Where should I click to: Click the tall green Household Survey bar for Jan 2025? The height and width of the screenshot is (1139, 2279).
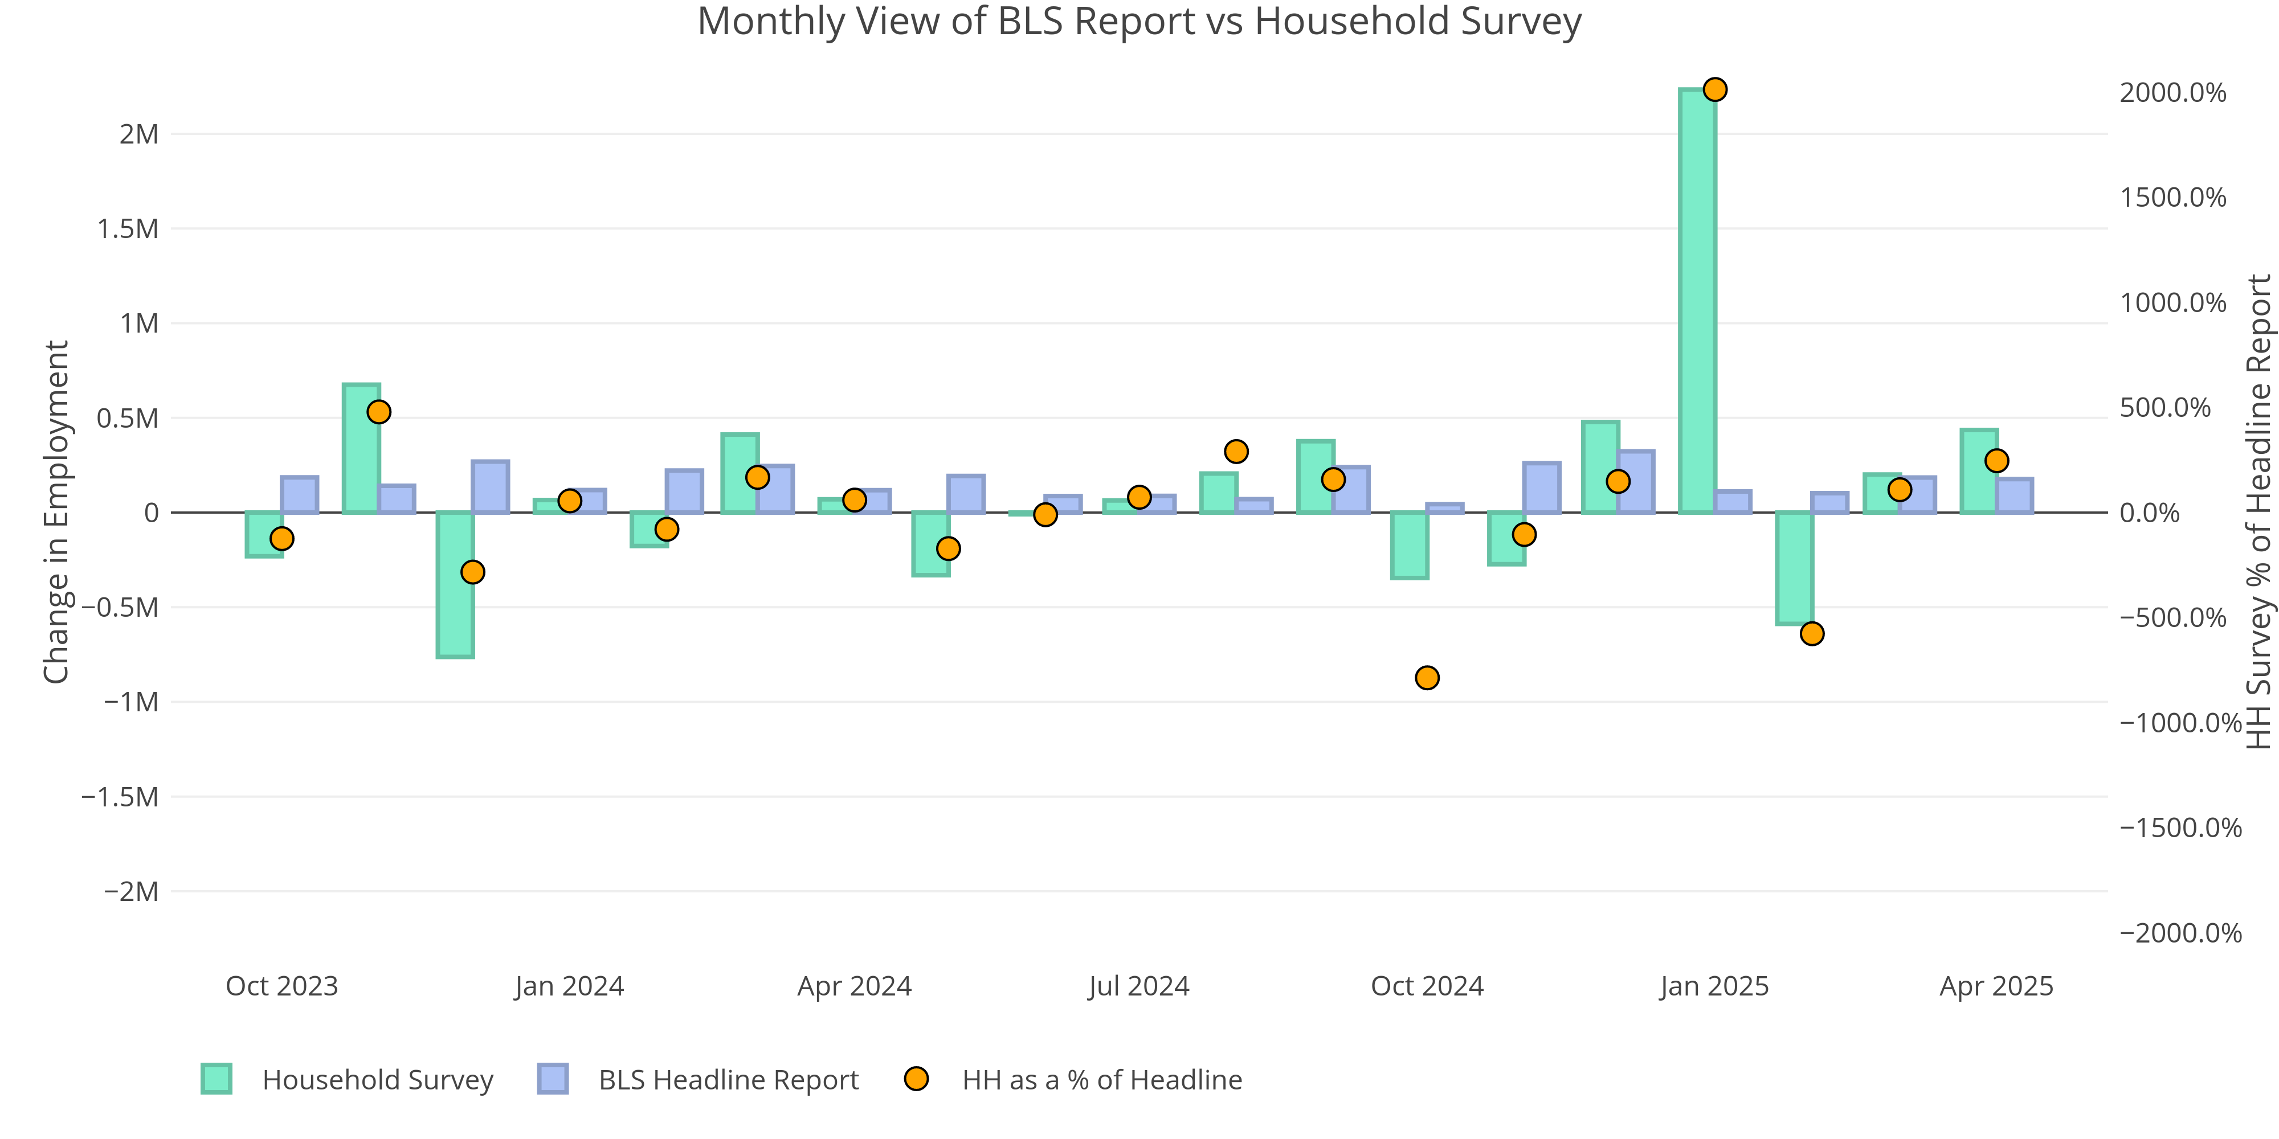[1697, 301]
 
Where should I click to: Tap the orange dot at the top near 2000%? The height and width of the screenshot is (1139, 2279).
[1714, 89]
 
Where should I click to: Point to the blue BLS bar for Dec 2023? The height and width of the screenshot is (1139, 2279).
[490, 486]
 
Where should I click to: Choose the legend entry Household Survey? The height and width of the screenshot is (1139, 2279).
[378, 1080]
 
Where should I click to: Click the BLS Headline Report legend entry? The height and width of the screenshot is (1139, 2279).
[728, 1080]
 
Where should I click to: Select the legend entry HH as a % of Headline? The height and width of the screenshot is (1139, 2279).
[1101, 1080]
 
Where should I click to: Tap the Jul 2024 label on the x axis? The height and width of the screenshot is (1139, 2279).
[1138, 986]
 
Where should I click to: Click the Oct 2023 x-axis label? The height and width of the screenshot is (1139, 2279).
[282, 986]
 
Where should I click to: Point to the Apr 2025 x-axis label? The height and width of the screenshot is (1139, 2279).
[1996, 986]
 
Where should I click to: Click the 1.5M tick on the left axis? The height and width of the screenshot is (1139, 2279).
[128, 229]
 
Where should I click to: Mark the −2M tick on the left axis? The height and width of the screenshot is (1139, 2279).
[132, 891]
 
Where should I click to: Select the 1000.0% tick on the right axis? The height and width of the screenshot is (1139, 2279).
[2173, 302]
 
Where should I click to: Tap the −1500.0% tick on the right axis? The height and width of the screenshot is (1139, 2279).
[2180, 827]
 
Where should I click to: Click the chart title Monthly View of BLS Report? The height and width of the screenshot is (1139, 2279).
[1138, 21]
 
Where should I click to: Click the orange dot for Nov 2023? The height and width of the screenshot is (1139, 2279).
[379, 412]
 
